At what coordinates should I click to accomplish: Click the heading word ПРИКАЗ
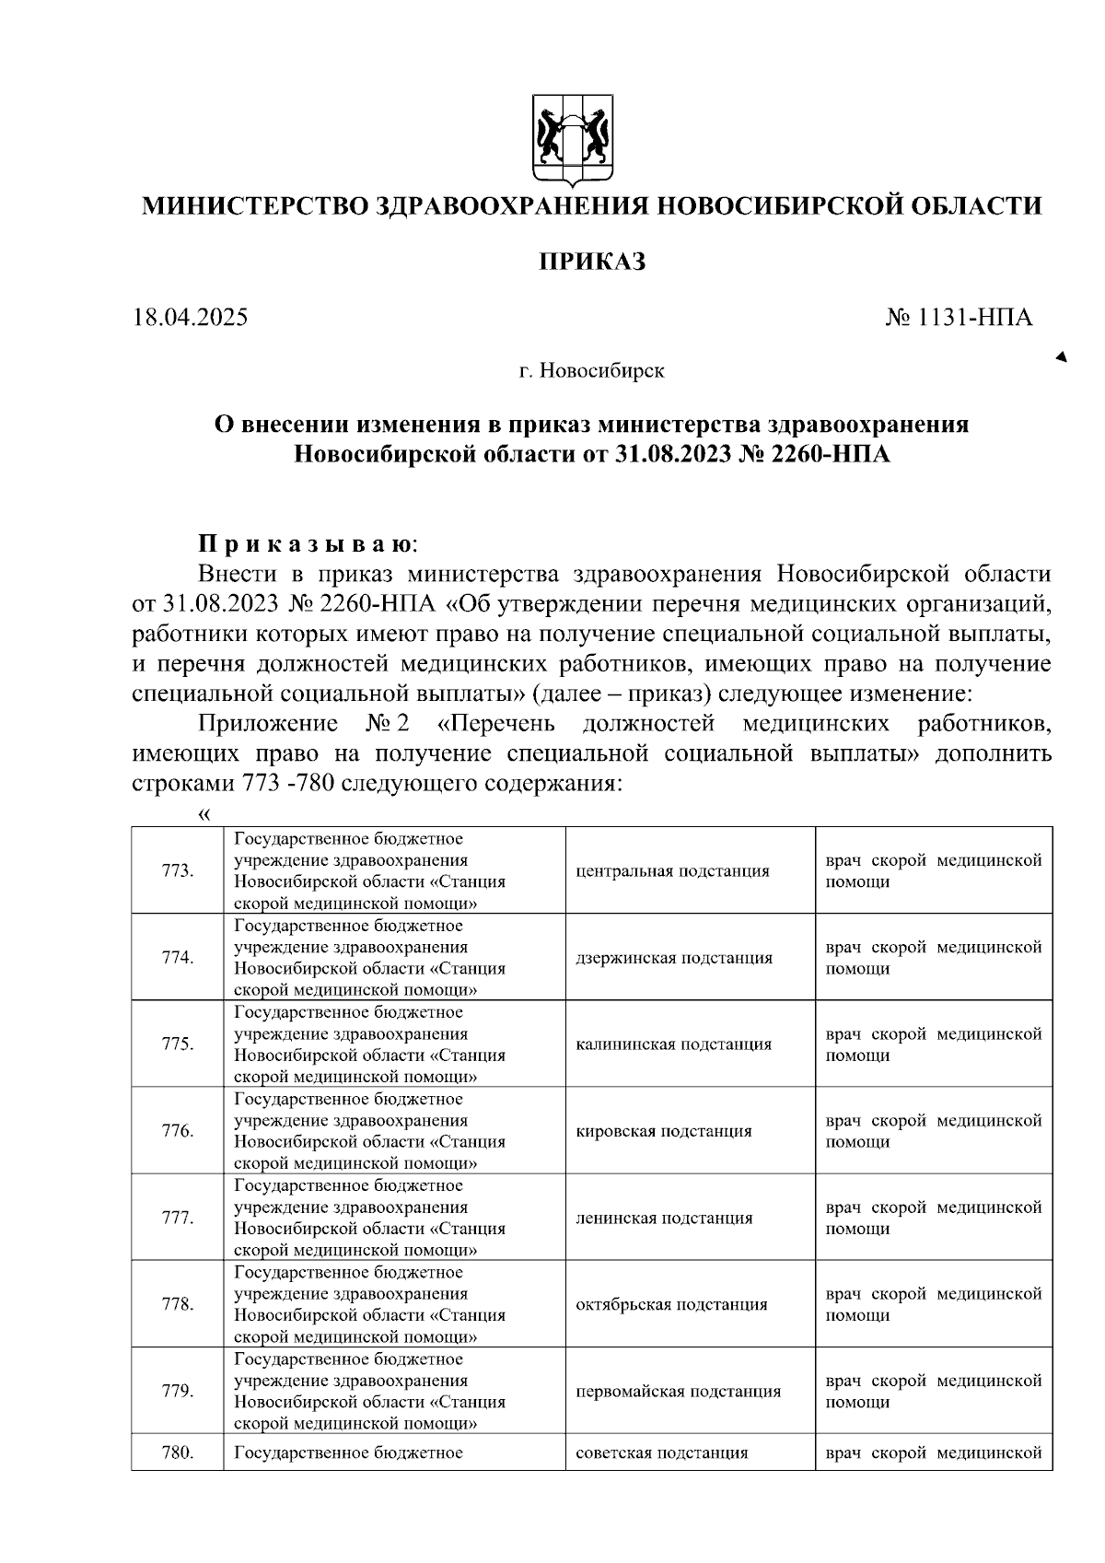(592, 262)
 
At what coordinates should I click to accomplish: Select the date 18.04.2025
(191, 319)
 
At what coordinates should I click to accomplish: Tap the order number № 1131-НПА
(959, 319)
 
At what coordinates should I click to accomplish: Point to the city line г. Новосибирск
(590, 371)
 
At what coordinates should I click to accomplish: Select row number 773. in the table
(177, 870)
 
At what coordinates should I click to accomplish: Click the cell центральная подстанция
(672, 870)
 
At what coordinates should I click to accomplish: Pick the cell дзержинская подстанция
(673, 958)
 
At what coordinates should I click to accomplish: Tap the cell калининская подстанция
(673, 1044)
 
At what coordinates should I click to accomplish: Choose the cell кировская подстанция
(663, 1131)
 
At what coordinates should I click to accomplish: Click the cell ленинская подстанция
(664, 1218)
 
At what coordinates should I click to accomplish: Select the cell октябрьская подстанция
(671, 1304)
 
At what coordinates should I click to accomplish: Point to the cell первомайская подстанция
(678, 1391)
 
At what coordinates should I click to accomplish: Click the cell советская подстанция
(661, 1452)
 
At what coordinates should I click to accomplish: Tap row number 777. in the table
(177, 1218)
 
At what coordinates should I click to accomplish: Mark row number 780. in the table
(177, 1452)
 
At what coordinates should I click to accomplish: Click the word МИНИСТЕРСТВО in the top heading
(253, 205)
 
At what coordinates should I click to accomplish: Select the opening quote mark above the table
(204, 813)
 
